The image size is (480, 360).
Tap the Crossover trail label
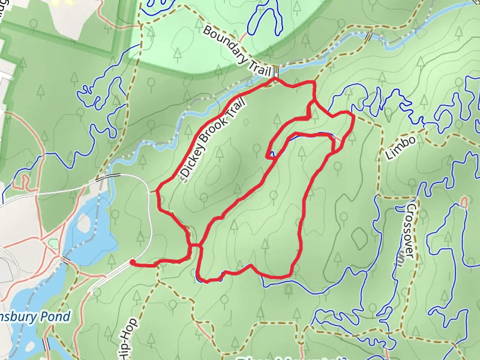click(410, 230)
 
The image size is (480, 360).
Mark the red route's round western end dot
click(131, 262)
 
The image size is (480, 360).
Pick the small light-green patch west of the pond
click(54, 244)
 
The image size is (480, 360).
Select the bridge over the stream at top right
click(367, 36)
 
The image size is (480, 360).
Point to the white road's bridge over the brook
click(104, 178)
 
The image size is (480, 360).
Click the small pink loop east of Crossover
click(463, 200)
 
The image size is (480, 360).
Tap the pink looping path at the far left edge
click(23, 179)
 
